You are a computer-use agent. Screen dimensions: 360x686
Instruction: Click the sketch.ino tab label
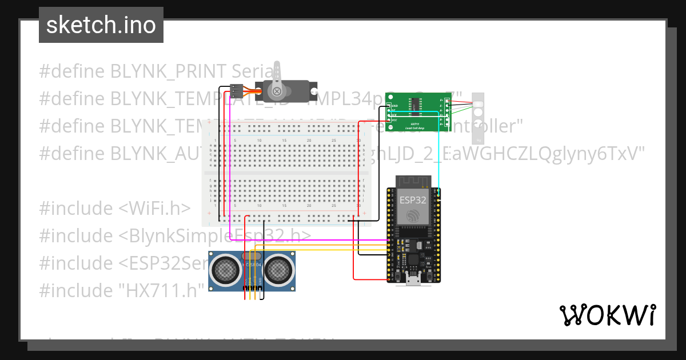click(101, 25)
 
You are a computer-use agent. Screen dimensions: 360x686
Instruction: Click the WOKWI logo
click(607, 315)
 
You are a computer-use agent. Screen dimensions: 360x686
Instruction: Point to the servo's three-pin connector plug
click(236, 90)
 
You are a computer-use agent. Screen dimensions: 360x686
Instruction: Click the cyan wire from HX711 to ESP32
click(438, 154)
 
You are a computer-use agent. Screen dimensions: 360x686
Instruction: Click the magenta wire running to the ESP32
click(309, 241)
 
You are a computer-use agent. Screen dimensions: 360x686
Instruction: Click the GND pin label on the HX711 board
click(394, 106)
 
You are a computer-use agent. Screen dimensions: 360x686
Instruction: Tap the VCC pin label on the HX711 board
click(394, 121)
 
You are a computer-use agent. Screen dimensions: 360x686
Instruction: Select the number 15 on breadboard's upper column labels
click(284, 141)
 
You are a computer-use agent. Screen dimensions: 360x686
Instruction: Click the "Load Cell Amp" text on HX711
click(414, 127)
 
